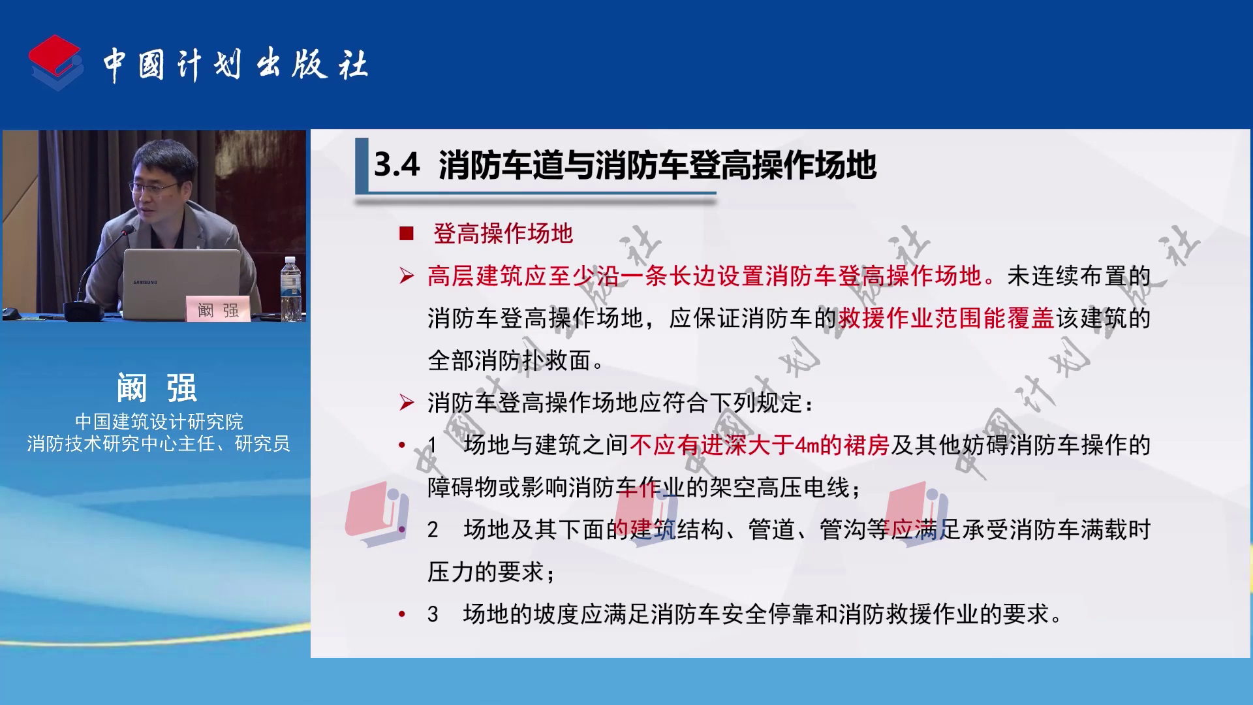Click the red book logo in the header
[56, 62]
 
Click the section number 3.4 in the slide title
[397, 164]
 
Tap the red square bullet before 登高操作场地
[407, 234]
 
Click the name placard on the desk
[219, 309]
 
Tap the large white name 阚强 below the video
[157, 388]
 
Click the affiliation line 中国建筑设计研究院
[159, 421]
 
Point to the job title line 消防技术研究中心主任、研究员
[159, 444]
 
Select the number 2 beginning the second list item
[433, 529]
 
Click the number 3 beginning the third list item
[433, 614]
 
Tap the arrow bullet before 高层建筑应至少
[407, 276]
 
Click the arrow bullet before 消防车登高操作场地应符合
[407, 403]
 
